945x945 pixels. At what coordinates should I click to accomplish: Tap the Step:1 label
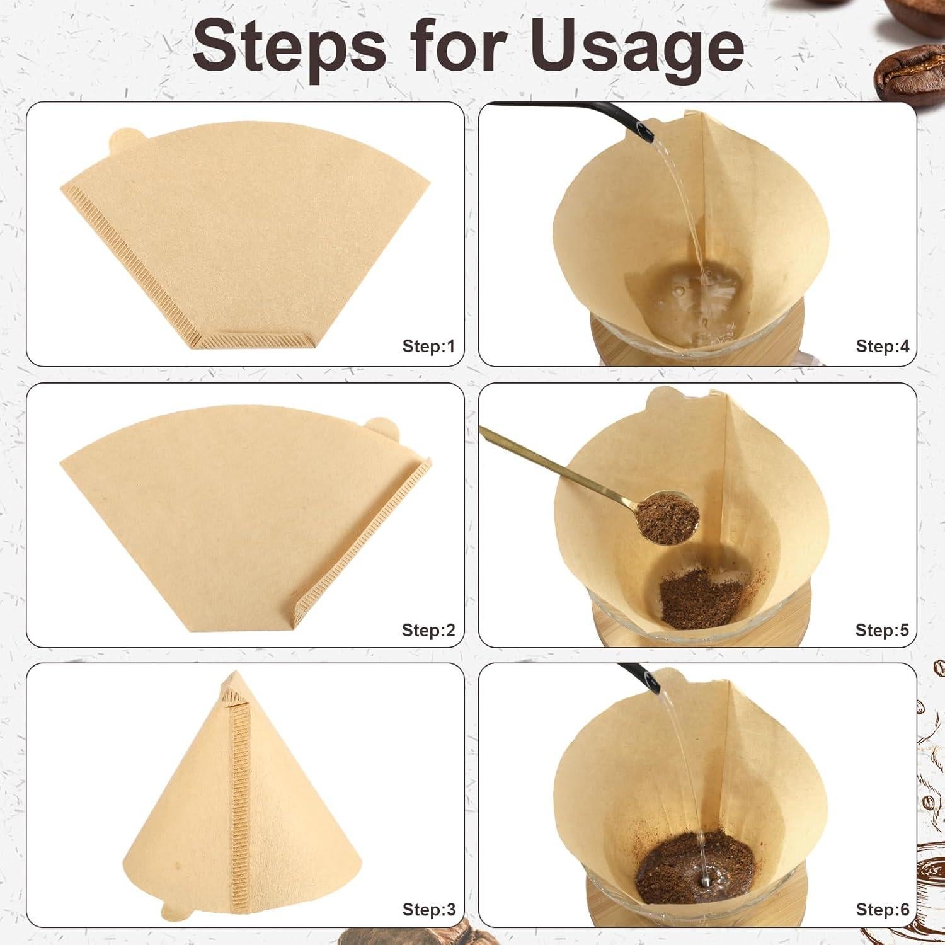(428, 346)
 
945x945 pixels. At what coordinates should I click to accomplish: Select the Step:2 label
(428, 630)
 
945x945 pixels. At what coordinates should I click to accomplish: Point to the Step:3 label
(428, 909)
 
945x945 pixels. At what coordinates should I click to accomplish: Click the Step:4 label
(882, 346)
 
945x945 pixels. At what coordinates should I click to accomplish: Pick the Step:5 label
(882, 630)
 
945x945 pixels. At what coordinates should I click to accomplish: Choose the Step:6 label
(882, 909)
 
